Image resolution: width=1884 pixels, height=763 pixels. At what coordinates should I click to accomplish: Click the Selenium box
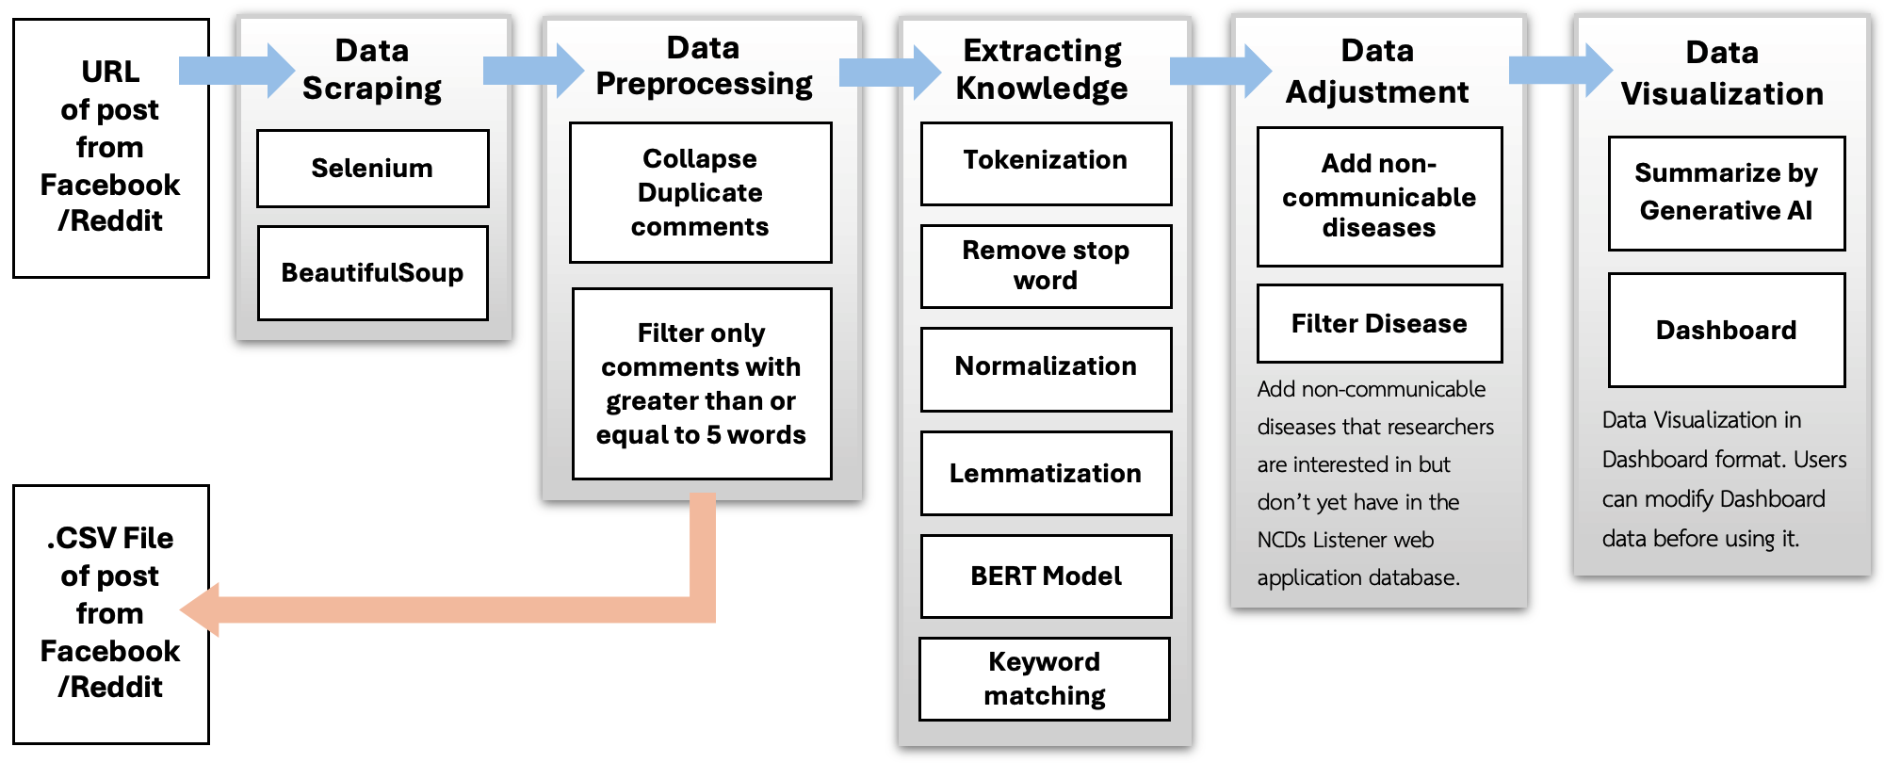pos(372,169)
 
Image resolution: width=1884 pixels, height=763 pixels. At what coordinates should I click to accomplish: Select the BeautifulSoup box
pos(372,273)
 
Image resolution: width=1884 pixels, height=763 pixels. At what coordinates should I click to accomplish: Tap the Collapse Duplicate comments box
pos(700,192)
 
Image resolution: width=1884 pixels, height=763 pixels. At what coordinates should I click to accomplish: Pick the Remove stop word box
pos(1046,266)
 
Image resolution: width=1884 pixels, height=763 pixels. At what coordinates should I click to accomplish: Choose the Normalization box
pos(1046,368)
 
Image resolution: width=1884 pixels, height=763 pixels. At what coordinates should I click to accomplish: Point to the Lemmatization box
pos(1046,473)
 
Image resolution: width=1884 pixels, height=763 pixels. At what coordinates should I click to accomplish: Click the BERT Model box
pos(1046,576)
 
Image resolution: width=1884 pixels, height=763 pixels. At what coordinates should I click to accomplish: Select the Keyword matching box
pos(1044,678)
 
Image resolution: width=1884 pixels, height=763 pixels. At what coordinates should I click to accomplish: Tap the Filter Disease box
pos(1379,323)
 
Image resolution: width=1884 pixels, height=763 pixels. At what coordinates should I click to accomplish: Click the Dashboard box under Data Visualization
pos(1726,330)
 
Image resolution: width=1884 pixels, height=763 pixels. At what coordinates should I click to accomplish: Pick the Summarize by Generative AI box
pos(1726,193)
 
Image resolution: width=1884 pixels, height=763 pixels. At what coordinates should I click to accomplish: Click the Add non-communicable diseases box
pos(1379,196)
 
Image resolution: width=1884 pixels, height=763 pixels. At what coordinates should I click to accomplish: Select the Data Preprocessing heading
pos(703,66)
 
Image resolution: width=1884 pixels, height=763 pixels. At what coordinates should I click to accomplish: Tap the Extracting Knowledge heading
pos(1042,69)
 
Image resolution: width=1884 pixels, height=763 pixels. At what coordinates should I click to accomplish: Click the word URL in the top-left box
pos(110,72)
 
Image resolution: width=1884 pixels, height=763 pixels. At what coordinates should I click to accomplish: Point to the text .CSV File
pos(110,538)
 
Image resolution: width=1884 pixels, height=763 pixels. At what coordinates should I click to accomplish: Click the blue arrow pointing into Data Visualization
pos(1560,71)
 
